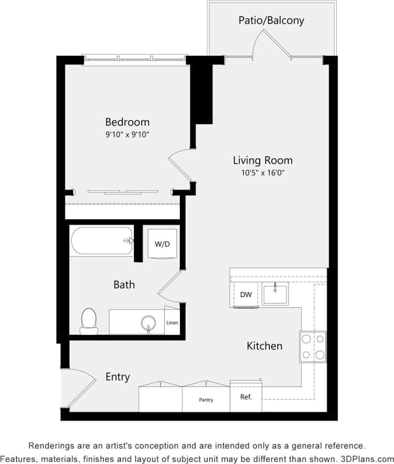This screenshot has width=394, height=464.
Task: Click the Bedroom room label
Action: click(x=127, y=122)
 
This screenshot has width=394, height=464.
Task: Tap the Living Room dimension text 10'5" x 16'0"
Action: click(x=262, y=173)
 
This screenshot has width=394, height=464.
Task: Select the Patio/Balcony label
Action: click(x=271, y=21)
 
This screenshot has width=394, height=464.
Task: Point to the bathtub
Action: click(x=101, y=241)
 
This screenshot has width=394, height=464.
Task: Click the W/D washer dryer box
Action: click(x=162, y=244)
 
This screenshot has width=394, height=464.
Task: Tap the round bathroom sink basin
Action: click(x=148, y=322)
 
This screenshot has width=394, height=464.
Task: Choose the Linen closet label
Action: click(x=172, y=323)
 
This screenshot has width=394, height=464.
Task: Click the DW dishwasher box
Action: click(x=246, y=295)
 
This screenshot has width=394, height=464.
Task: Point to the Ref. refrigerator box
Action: click(x=246, y=397)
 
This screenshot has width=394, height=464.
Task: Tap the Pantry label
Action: click(x=206, y=400)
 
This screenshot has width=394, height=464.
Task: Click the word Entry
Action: click(x=117, y=377)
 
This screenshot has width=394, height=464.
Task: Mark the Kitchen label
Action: click(x=264, y=346)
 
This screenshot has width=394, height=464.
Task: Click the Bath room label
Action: click(x=124, y=284)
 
